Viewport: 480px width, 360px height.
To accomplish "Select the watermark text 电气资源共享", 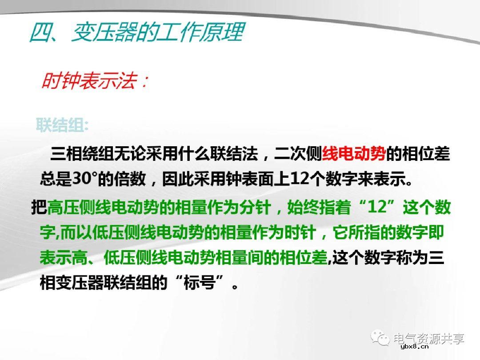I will (x=429, y=339).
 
